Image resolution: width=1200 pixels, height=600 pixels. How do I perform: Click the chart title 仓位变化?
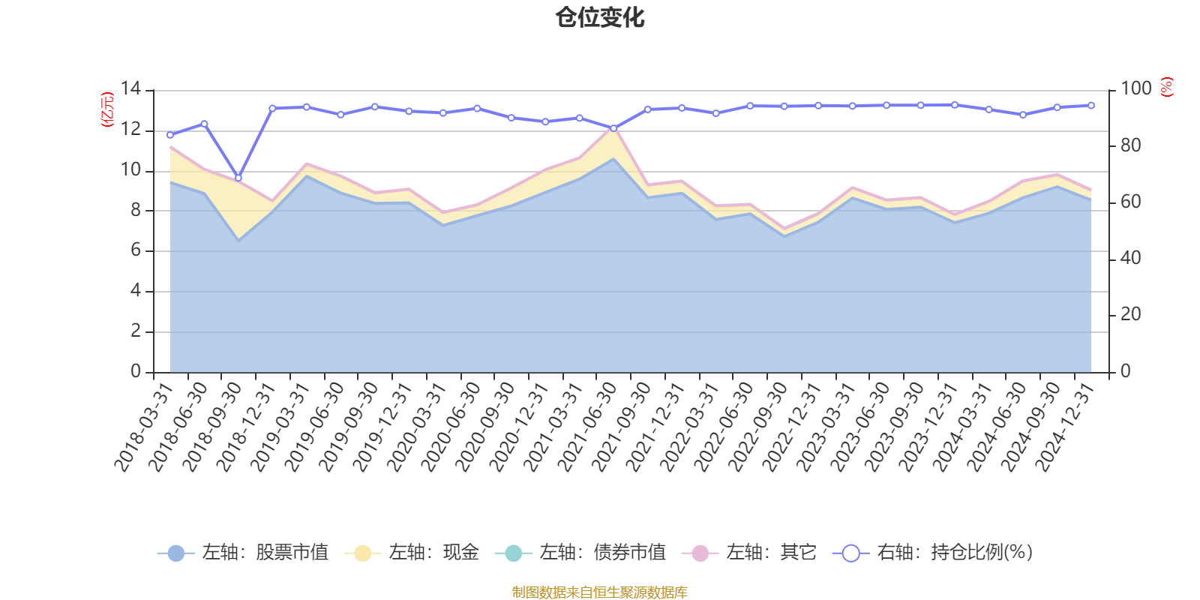coord(600,17)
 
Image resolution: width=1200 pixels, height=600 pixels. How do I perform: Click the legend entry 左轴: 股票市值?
coord(244,553)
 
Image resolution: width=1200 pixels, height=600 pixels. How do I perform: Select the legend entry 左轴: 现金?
coord(412,553)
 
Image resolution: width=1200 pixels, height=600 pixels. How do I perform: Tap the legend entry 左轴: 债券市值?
coord(580,553)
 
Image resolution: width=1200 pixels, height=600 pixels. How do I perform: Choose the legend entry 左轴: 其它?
coord(749,553)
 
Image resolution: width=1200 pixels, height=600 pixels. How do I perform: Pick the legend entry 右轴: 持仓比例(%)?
coord(933,553)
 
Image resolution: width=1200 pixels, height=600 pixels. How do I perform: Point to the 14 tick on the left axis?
coord(130,89)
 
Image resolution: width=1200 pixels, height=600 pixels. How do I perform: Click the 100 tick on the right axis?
coord(1135,89)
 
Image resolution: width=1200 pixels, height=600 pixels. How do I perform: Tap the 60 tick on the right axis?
coord(1130,202)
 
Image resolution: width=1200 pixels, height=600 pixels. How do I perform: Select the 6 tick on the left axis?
coord(135,250)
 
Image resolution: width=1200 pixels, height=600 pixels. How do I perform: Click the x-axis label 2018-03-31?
coord(144,426)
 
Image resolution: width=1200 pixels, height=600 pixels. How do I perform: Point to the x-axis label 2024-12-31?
coord(1065,426)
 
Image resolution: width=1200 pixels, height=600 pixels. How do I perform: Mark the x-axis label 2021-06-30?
coord(587,426)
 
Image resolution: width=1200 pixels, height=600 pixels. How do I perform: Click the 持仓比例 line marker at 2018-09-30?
coord(238,178)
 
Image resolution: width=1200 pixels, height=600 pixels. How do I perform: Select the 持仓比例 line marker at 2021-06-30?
coord(613,128)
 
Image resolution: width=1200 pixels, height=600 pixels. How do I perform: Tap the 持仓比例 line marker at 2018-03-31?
coord(170,135)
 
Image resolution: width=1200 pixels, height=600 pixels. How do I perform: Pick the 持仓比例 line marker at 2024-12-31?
coord(1090,106)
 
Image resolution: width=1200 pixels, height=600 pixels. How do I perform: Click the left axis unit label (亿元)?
coord(107,109)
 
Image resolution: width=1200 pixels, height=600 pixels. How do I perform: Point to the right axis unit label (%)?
coord(1166,87)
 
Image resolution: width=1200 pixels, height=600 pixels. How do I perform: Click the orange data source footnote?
coord(600,592)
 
